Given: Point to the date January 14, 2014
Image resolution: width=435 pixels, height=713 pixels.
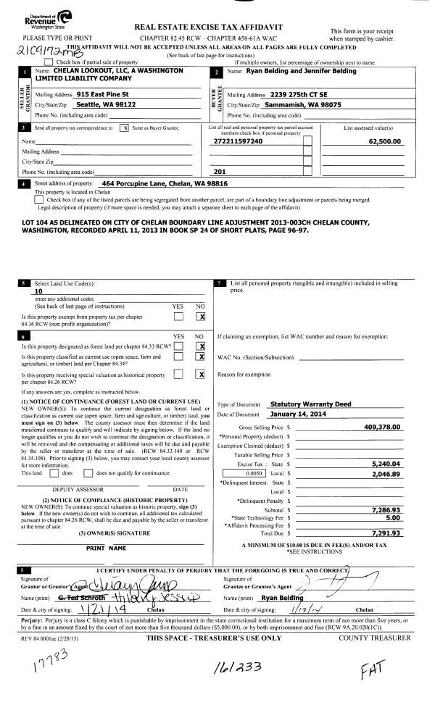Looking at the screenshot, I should coord(294,414).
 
